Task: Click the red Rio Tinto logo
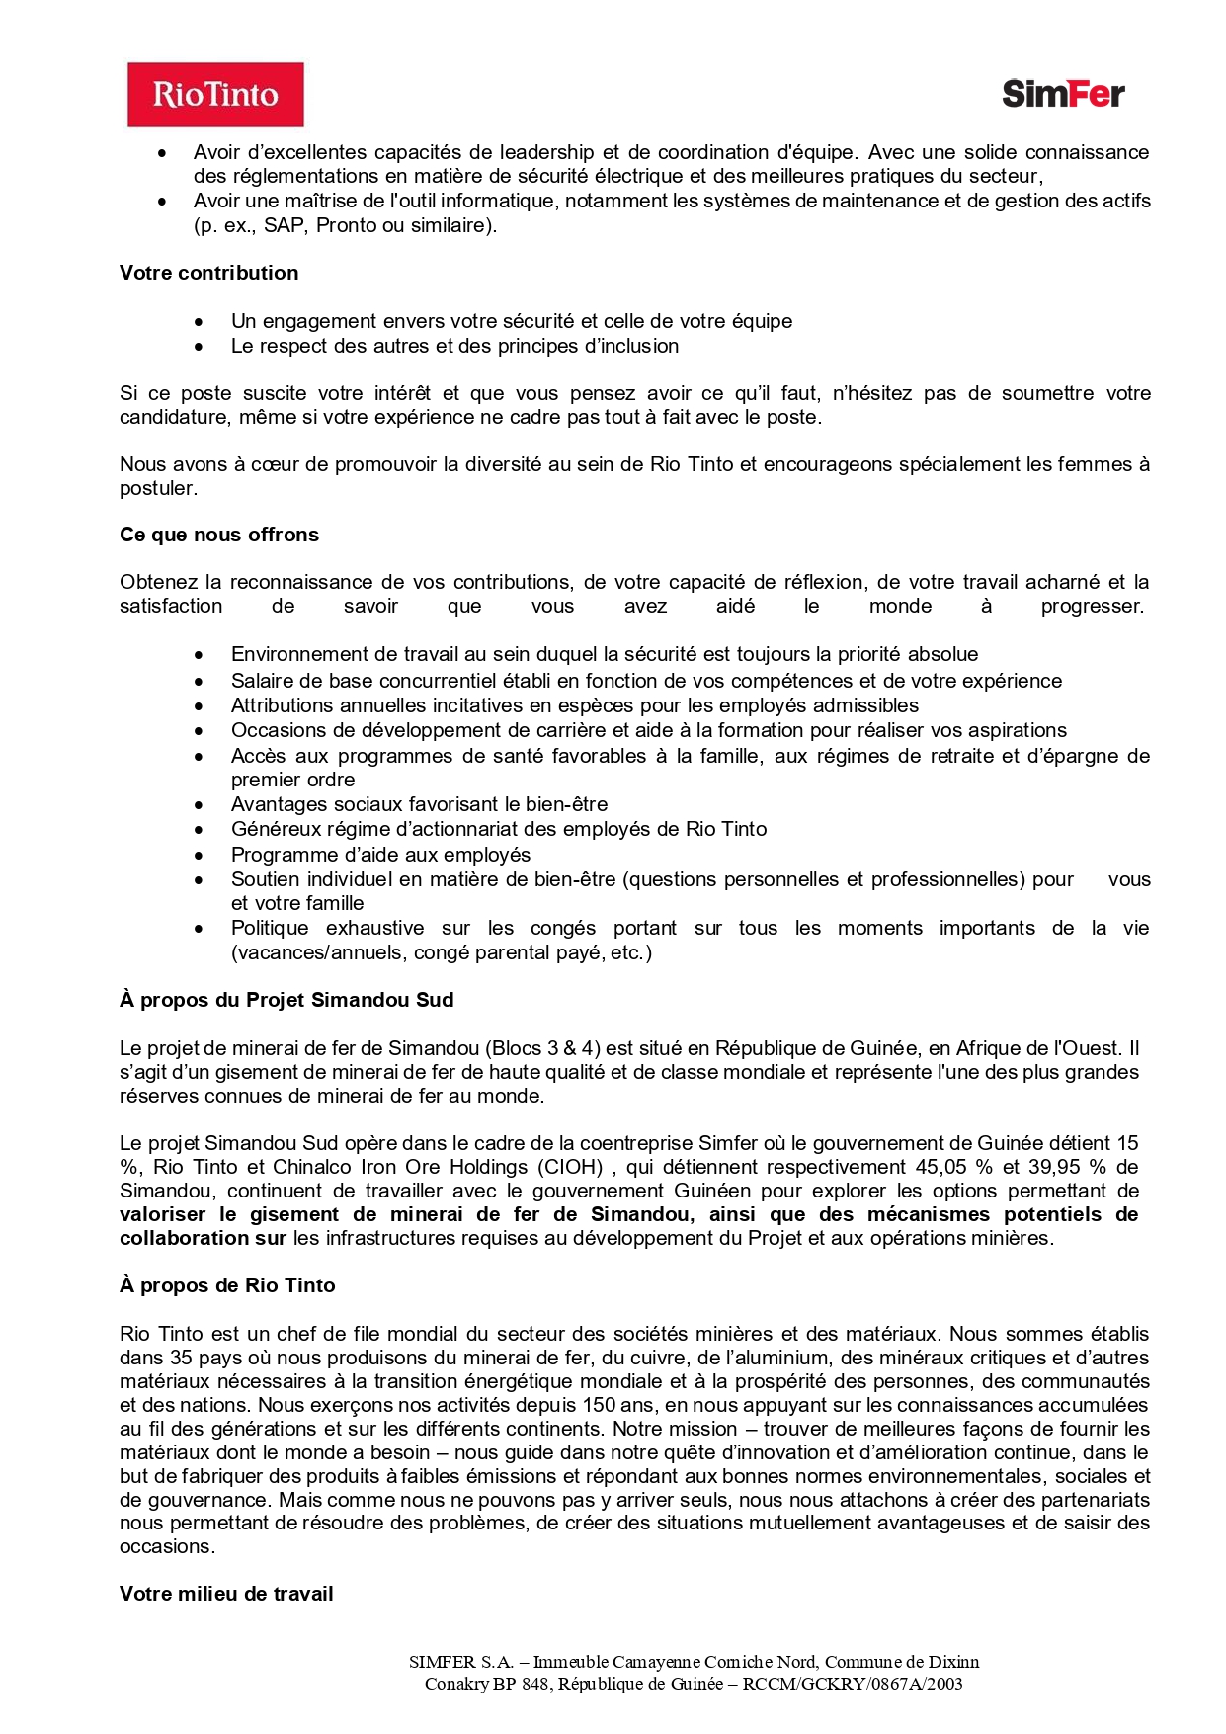pyautogui.click(x=215, y=95)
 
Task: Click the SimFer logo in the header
pyautogui.click(x=1063, y=94)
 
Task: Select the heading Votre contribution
pyautogui.click(x=208, y=273)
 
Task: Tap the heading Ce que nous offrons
pyautogui.click(x=219, y=535)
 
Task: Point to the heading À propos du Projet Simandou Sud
pyautogui.click(x=286, y=1000)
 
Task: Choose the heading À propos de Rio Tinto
pyautogui.click(x=227, y=1285)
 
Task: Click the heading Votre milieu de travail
pyautogui.click(x=226, y=1594)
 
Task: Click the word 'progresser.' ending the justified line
pyautogui.click(x=1092, y=606)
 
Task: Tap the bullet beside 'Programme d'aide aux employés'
pyautogui.click(x=200, y=856)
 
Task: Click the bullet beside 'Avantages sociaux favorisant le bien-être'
pyautogui.click(x=200, y=805)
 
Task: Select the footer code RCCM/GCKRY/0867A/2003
pyautogui.click(x=853, y=1684)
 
